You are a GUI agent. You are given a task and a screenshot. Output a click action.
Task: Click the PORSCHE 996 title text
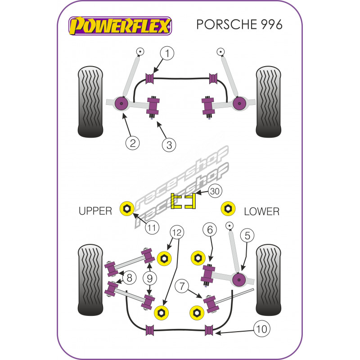coord(239,24)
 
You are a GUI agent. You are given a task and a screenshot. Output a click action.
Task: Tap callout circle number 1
coord(167,54)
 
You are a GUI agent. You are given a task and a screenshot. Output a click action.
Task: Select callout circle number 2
coord(132,143)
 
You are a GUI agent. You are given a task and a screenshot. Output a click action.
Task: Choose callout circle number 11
coord(153,228)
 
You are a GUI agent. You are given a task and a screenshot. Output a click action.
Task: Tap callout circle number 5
coord(247,234)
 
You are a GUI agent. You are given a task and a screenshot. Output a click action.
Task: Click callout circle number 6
coord(210,230)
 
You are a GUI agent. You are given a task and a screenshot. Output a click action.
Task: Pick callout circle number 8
coord(129,278)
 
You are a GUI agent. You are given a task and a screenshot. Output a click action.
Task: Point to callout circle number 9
coord(149,278)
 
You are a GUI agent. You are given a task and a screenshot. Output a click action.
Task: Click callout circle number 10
coord(262,329)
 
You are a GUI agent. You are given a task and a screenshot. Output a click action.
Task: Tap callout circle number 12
coord(178,232)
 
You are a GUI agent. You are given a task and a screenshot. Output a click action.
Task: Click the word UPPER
coord(95,211)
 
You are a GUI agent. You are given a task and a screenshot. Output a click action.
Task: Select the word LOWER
coord(261,211)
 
